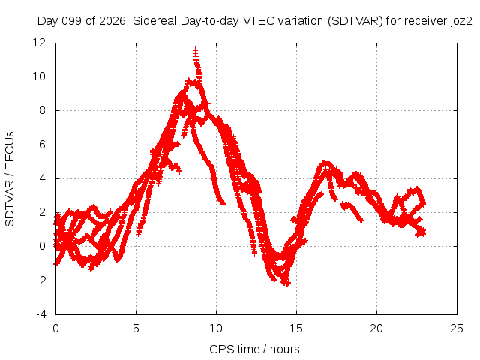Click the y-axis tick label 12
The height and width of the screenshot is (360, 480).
39,43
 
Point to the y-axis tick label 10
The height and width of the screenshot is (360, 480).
39,76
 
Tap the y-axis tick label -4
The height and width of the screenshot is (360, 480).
41,314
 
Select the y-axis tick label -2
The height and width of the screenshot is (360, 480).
41,280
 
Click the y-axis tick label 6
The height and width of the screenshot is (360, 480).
42,145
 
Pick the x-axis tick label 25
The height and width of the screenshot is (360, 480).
457,328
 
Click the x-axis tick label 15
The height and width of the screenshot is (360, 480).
296,328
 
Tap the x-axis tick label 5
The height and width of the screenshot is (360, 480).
136,328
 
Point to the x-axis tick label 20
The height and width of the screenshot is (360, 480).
376,328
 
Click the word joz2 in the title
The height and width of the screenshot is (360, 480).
461,21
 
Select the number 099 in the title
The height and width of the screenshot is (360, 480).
72,21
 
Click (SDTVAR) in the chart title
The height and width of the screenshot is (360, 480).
355,21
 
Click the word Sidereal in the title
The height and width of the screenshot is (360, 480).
154,21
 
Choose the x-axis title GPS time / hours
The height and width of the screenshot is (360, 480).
254,349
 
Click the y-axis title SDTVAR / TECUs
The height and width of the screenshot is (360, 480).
10,179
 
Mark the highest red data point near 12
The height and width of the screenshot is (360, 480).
195,49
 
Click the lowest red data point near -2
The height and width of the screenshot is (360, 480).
286,283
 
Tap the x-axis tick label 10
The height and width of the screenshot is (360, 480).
216,328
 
